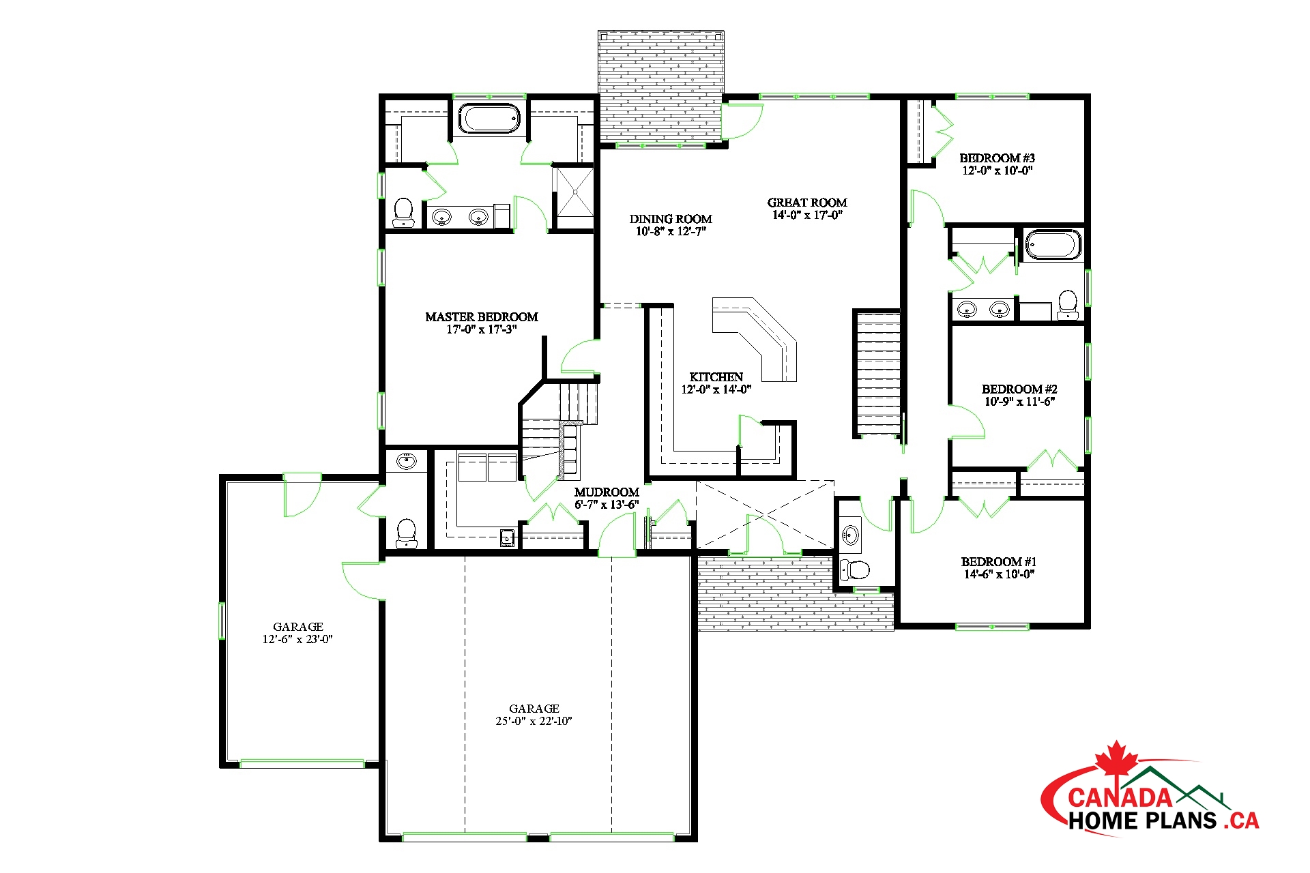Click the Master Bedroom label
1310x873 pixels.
[x=482, y=317]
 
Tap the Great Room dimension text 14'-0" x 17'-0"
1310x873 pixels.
[x=807, y=216]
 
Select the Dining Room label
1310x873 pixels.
[x=671, y=219]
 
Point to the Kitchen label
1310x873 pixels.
[x=716, y=377]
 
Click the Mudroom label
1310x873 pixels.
[x=607, y=492]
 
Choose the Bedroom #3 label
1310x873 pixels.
[x=997, y=158]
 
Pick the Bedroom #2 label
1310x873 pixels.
[x=1019, y=389]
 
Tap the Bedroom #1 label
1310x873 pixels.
[x=999, y=562]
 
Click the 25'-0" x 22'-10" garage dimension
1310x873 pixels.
[x=534, y=722]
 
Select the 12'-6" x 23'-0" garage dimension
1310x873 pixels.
[x=297, y=640]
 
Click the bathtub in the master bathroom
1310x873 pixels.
[x=489, y=118]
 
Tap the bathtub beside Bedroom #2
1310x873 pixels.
[x=1053, y=245]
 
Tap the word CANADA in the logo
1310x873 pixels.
[x=1120, y=797]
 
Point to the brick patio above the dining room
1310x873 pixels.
[x=660, y=87]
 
